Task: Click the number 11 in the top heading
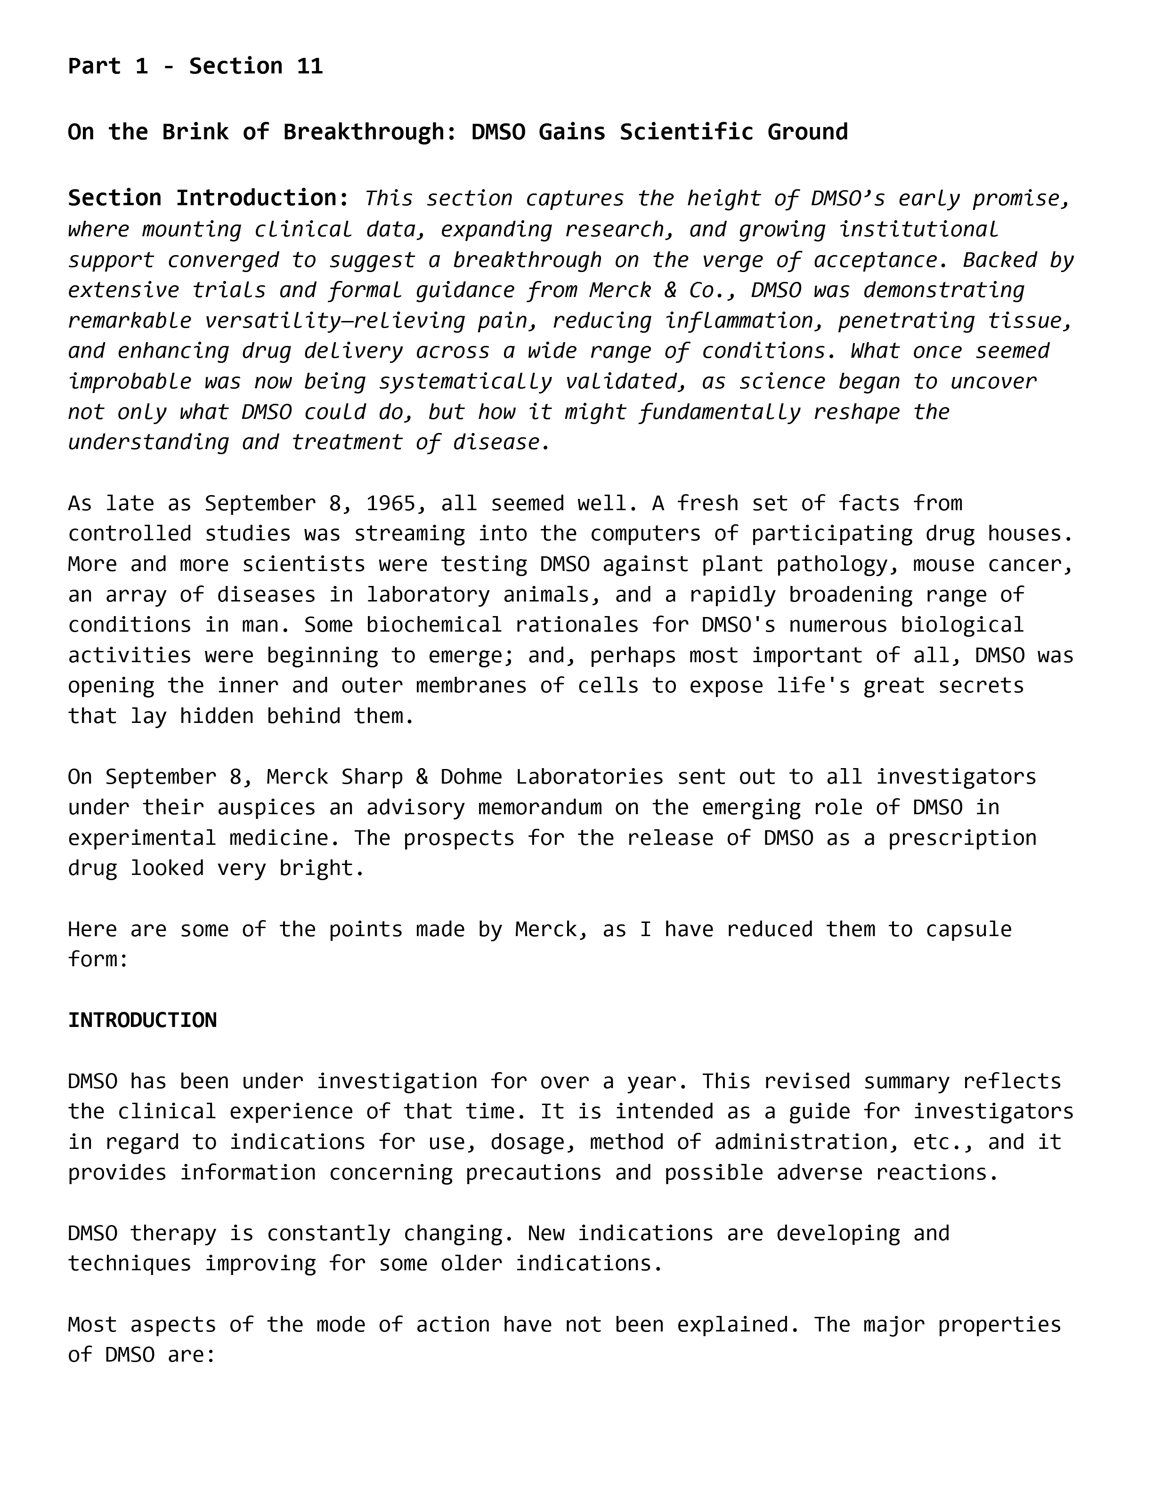coord(309,66)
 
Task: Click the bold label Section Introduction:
coord(208,198)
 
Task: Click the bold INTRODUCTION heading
coord(142,1020)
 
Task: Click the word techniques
coord(130,1263)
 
